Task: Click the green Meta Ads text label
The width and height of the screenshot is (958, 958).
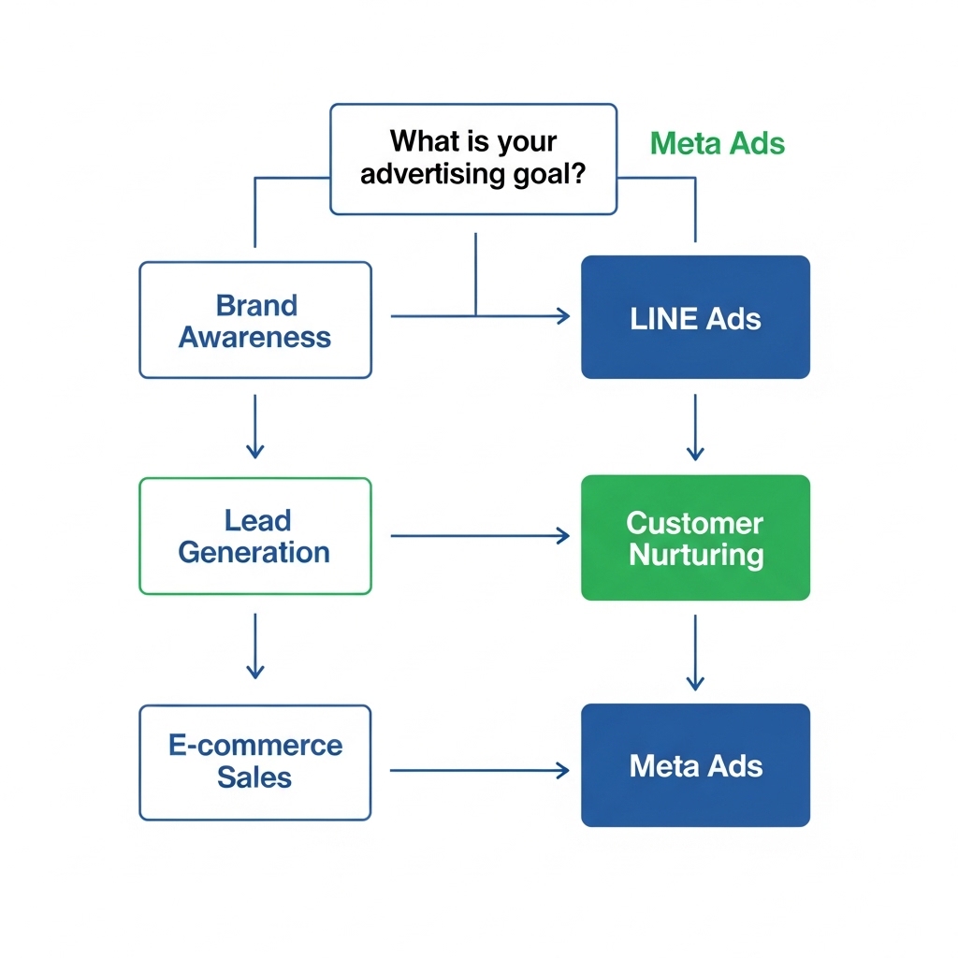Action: click(717, 143)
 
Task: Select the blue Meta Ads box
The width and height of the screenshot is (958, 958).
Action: click(695, 765)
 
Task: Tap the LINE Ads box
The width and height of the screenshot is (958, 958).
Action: click(695, 317)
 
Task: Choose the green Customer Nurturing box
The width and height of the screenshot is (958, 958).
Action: click(695, 538)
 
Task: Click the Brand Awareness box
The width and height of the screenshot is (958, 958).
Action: click(254, 320)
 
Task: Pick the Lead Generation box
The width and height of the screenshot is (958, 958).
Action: click(254, 536)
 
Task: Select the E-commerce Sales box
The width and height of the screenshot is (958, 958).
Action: click(254, 762)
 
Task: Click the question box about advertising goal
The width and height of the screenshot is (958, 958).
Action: click(473, 158)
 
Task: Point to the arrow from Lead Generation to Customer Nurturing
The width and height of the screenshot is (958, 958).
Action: click(479, 536)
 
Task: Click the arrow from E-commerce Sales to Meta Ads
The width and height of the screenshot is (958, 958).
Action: click(479, 770)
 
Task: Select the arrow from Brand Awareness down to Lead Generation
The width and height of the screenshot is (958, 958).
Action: click(254, 426)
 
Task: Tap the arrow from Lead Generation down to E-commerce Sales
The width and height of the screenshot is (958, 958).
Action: click(254, 646)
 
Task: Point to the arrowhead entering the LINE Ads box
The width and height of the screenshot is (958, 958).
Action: click(563, 316)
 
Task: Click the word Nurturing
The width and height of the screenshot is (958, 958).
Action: click(696, 555)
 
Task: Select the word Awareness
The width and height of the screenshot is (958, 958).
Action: click(254, 337)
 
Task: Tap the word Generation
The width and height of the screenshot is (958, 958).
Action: click(254, 552)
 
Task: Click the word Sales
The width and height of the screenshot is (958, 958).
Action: click(254, 777)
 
